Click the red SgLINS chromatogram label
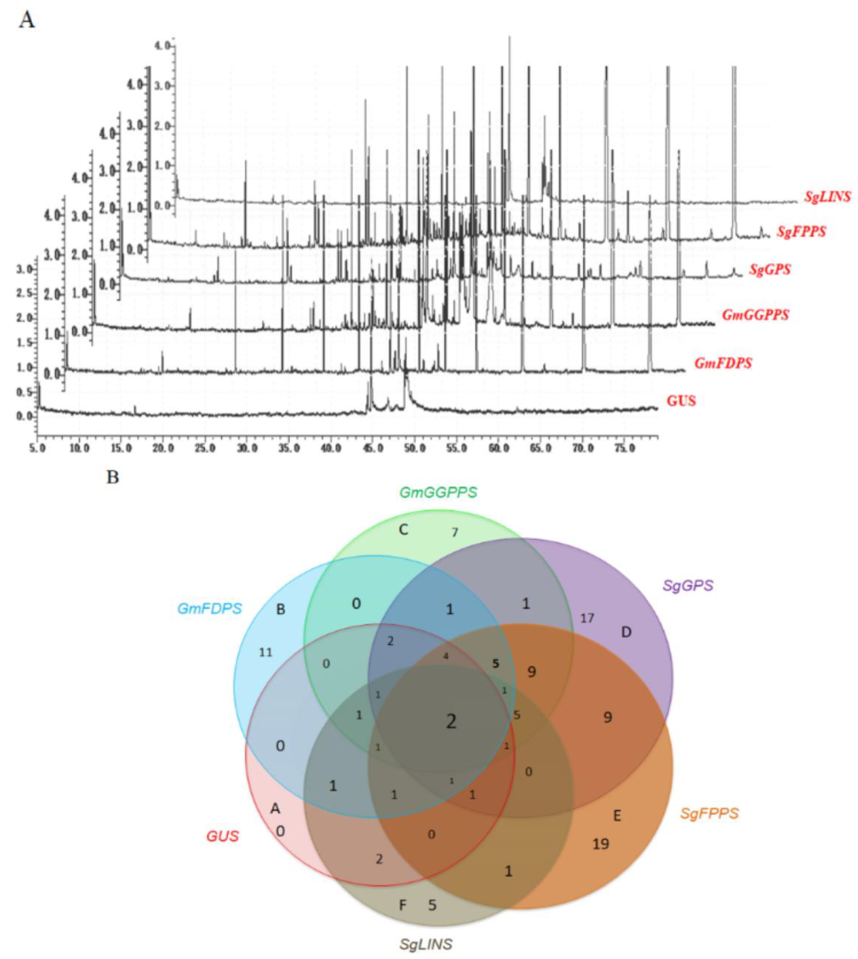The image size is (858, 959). (827, 196)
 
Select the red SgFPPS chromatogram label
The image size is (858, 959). (801, 232)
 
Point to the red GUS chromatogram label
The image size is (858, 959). (681, 401)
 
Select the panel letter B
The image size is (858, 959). (113, 477)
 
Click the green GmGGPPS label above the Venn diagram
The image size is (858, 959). (438, 492)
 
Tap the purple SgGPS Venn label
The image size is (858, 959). (688, 586)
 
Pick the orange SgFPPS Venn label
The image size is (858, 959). (709, 813)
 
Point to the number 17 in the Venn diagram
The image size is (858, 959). (587, 618)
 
